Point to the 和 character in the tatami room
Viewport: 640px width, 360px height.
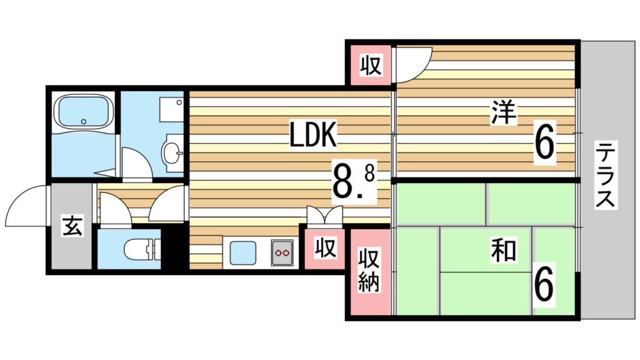click(x=503, y=251)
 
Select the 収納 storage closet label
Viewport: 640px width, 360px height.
click(x=369, y=272)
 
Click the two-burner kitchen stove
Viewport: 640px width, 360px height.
click(x=281, y=252)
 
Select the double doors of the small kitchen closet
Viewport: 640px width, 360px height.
click(x=325, y=216)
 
